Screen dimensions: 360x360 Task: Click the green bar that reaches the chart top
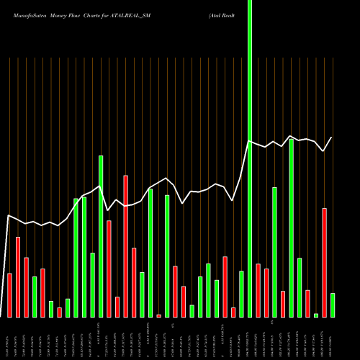pyautogui.click(x=250, y=158)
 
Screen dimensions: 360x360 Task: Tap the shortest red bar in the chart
pyautogui.click(x=158, y=315)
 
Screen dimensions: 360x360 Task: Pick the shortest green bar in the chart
pyautogui.click(x=315, y=315)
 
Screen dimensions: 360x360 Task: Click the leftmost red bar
pyautogui.click(x=9, y=295)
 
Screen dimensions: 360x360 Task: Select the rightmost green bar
pyautogui.click(x=332, y=305)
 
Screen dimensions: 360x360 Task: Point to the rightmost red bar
pyautogui.click(x=324, y=263)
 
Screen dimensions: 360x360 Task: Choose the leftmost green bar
pyautogui.click(x=35, y=297)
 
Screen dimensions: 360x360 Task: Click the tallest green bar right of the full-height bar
pyautogui.click(x=291, y=228)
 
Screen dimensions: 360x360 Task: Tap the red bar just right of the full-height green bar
pyautogui.click(x=258, y=290)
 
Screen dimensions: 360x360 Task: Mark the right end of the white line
pyautogui.click(x=332, y=138)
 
